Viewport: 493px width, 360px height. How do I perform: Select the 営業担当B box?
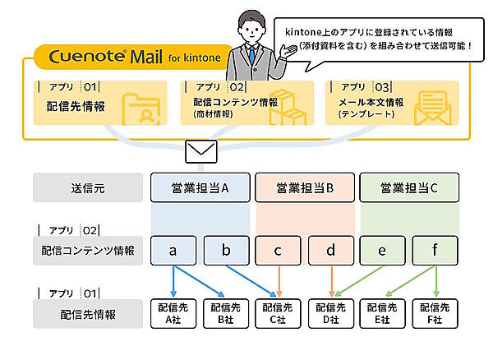coord(306,187)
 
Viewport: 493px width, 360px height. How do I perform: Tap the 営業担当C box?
coord(409,187)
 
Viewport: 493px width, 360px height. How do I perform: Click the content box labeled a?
coord(173,250)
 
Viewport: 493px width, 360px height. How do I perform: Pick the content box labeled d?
coord(330,250)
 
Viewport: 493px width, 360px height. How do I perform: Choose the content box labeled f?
coord(435,250)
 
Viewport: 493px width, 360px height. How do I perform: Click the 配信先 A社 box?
coord(173,312)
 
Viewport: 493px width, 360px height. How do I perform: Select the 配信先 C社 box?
coord(278,312)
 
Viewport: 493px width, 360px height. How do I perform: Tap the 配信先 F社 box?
coord(435,312)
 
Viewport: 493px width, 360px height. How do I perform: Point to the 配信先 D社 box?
coord(330,312)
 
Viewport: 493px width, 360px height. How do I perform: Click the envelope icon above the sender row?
coord(201,151)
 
